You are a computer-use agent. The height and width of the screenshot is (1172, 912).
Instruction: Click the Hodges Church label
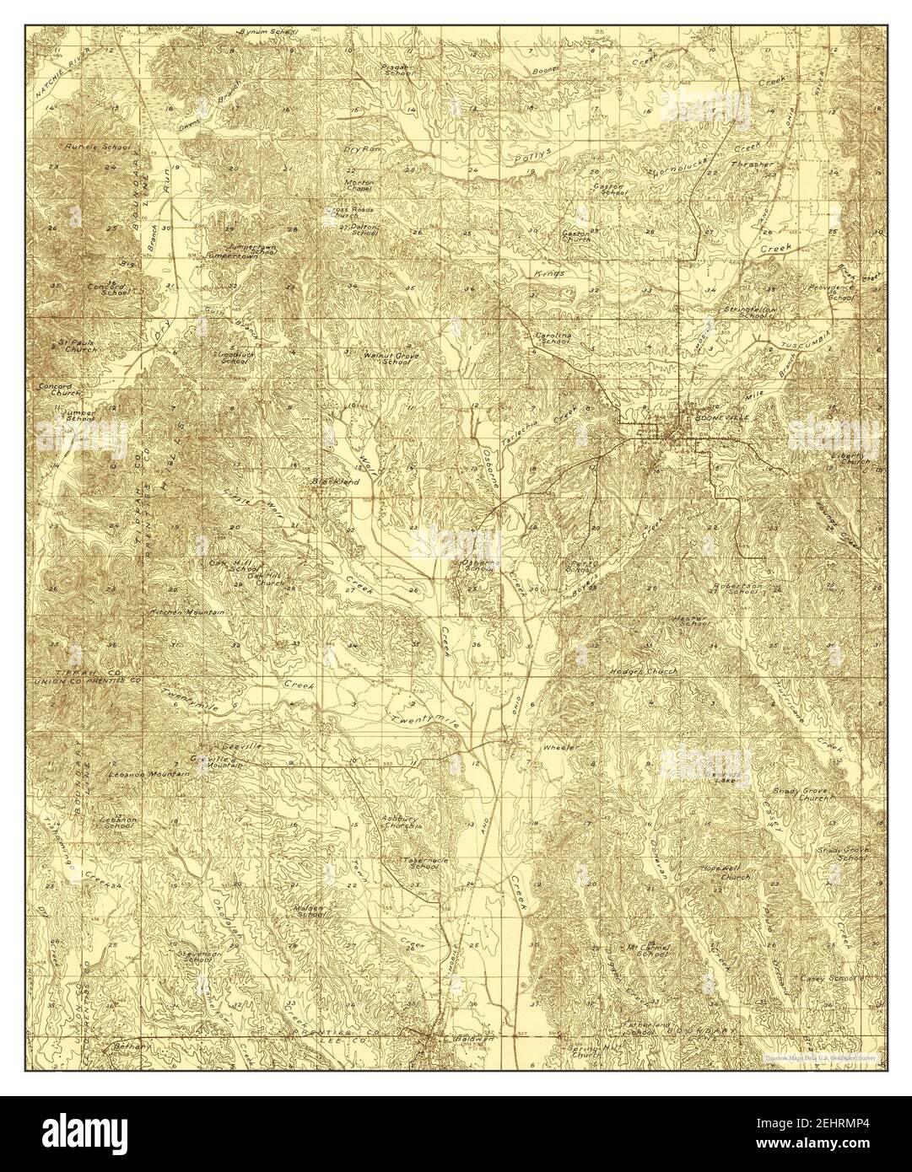643,671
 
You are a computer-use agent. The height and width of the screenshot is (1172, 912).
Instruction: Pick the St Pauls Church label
78,346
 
